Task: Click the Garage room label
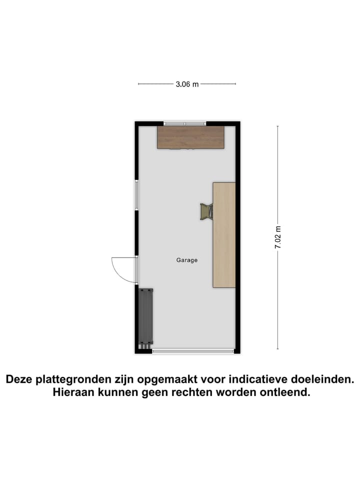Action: click(187, 260)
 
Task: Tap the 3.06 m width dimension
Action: click(187, 84)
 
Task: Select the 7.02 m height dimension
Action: click(278, 238)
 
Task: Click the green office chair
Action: click(206, 211)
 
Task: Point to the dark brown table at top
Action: click(190, 137)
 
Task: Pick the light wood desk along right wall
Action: click(224, 235)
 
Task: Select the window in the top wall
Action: click(185, 123)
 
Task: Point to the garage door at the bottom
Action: click(193, 351)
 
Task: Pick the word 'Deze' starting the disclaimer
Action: click(18, 380)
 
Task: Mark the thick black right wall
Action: click(238, 238)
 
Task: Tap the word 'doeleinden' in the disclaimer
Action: click(325, 380)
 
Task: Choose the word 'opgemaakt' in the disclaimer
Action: click(172, 380)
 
